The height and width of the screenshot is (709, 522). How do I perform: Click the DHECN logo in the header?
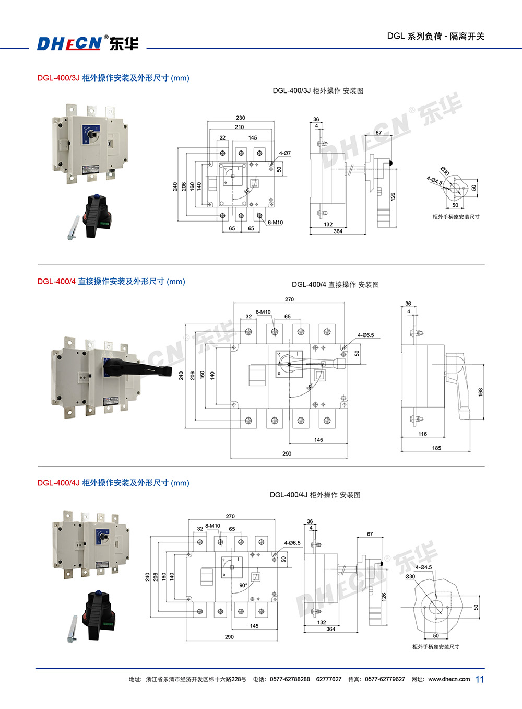click(88, 43)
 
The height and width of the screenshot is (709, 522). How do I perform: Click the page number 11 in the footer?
click(480, 679)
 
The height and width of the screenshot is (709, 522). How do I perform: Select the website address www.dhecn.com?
click(449, 679)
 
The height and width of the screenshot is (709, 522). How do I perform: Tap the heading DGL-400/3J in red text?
click(58, 78)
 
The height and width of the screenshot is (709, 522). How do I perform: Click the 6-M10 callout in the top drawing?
click(275, 223)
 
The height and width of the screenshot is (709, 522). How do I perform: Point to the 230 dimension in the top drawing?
click(240, 118)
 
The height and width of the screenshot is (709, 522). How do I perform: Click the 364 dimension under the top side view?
click(338, 231)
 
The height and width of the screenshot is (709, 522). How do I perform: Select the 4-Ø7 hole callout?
click(284, 153)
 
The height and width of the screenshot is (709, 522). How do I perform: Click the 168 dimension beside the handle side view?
click(481, 391)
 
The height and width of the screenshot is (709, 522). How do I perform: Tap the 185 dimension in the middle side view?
click(436, 448)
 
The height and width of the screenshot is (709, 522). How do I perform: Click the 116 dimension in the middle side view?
click(422, 434)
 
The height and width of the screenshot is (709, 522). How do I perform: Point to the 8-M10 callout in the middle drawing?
click(263, 312)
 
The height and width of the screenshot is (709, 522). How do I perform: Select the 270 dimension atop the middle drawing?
click(289, 299)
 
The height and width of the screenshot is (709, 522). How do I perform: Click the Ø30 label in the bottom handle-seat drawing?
click(410, 577)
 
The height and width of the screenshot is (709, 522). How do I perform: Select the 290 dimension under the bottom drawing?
click(229, 637)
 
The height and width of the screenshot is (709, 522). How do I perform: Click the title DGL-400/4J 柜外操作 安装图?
click(315, 495)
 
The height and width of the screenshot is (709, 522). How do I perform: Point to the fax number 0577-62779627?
click(385, 679)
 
